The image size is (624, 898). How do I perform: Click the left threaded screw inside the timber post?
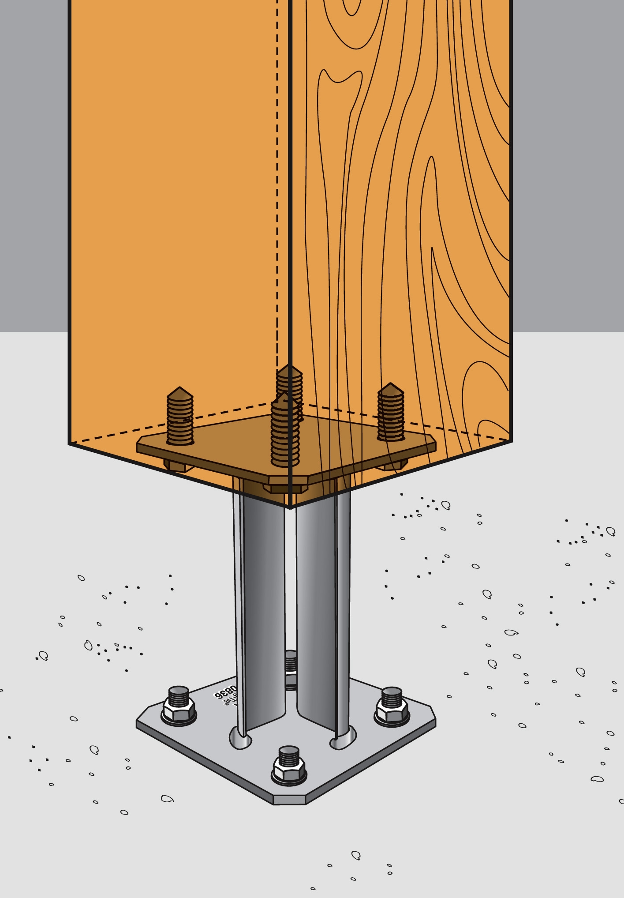[179, 417]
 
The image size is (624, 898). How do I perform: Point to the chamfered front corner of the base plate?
[289, 800]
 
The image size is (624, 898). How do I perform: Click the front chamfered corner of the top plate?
[289, 479]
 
